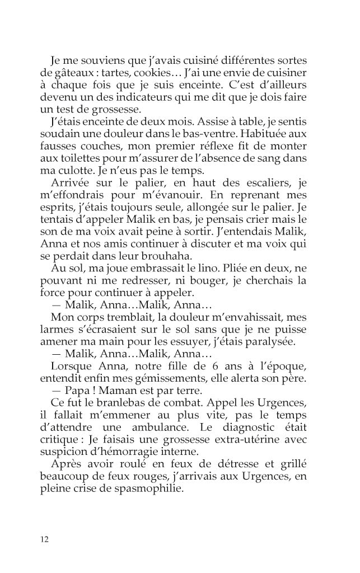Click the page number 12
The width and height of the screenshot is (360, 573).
(x=45, y=539)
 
